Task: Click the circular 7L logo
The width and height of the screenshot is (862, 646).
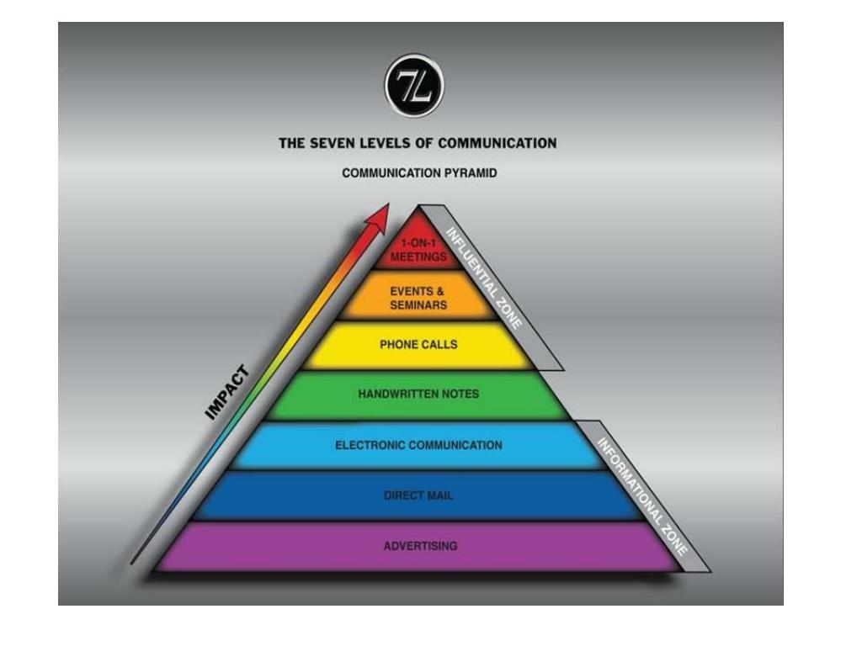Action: point(414,87)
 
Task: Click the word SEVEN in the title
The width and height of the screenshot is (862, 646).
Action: point(333,143)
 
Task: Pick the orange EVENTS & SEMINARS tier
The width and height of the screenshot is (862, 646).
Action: point(418,298)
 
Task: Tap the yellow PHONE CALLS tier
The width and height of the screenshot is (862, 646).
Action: point(418,345)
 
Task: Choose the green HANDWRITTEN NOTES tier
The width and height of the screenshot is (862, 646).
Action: point(418,394)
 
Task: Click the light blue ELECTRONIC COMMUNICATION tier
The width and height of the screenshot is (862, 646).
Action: point(418,445)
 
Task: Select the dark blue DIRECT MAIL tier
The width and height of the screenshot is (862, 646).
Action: point(418,495)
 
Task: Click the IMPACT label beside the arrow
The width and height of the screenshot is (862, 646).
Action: point(228,391)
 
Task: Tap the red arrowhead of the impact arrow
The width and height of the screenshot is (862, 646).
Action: point(377,217)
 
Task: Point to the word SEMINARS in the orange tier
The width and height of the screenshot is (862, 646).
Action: point(418,305)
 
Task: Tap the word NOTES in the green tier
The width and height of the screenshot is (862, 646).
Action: point(460,394)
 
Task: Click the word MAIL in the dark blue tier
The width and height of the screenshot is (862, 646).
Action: point(439,495)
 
